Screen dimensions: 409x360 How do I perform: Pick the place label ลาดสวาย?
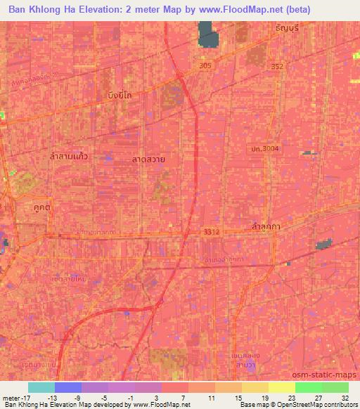[x=149, y=160]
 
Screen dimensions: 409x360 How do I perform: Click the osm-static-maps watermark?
[x=327, y=377]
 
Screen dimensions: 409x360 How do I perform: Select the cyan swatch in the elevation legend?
[x=41, y=387]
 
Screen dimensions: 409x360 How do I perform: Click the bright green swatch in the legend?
[x=308, y=387]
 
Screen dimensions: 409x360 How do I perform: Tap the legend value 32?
[x=345, y=397]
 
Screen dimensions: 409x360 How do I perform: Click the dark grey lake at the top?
[x=208, y=34]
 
